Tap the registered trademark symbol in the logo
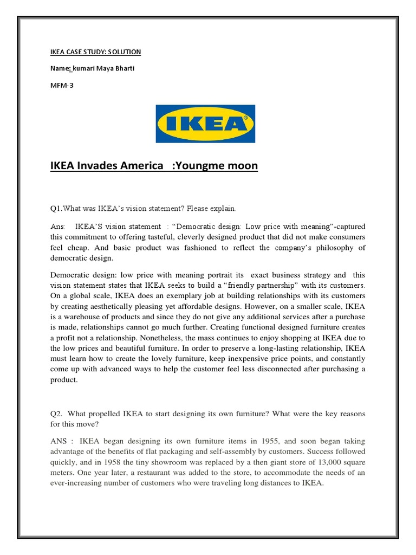pos(245,117)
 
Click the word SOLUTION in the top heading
pos(122,52)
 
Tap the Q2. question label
pos(57,414)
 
